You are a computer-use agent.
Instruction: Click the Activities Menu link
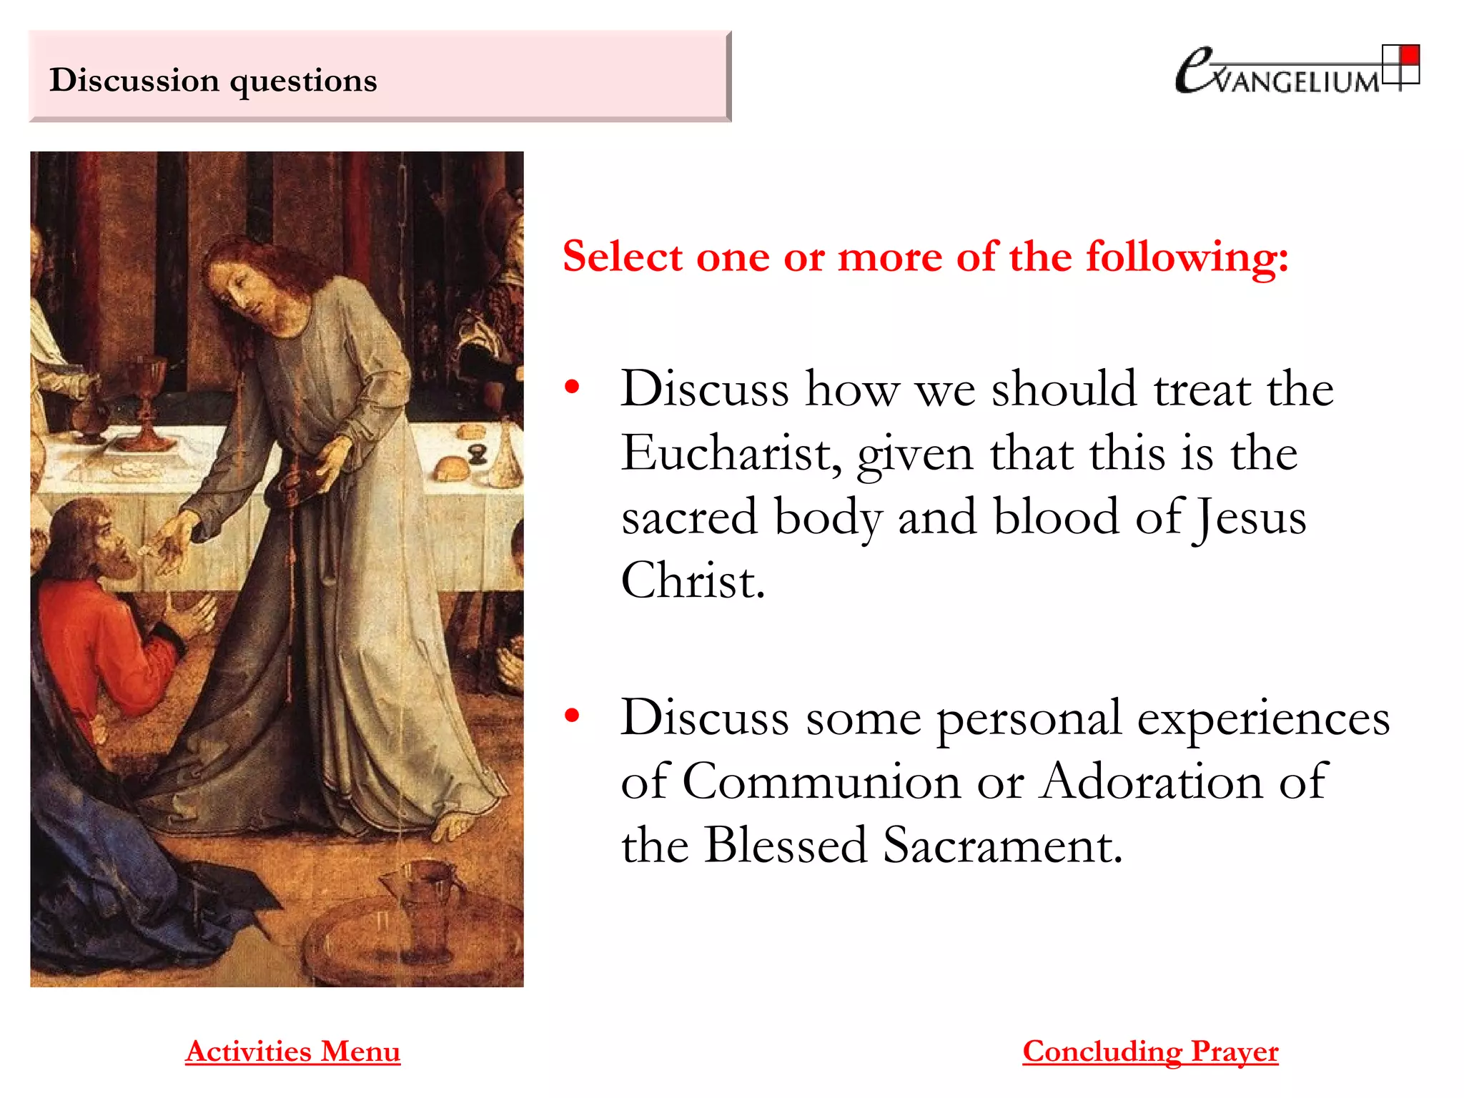tap(292, 1052)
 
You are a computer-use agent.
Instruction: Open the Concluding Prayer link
tap(1150, 1052)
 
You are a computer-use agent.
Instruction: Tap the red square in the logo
tap(1410, 55)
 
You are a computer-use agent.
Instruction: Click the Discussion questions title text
tap(213, 80)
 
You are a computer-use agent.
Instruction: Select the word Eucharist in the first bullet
tap(728, 453)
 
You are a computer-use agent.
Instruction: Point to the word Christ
tap(693, 580)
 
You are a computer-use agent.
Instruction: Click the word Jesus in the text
tap(1251, 518)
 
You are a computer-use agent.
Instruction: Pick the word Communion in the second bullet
tap(821, 781)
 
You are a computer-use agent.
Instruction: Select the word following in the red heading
tap(1187, 257)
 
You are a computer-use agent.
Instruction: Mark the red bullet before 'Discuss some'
tap(572, 716)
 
